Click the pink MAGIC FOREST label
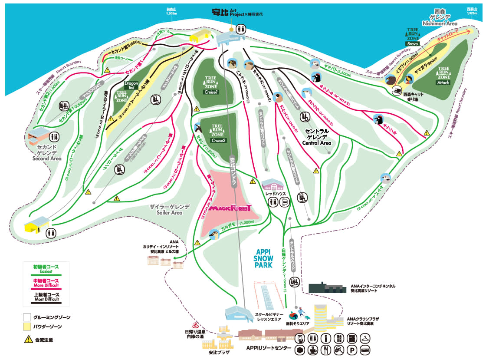230,209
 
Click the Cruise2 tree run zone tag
218,140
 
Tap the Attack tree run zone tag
443,83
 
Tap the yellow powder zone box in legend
27,326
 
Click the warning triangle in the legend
27,340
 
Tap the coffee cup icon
312,350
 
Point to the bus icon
366,350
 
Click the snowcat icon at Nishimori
397,91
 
